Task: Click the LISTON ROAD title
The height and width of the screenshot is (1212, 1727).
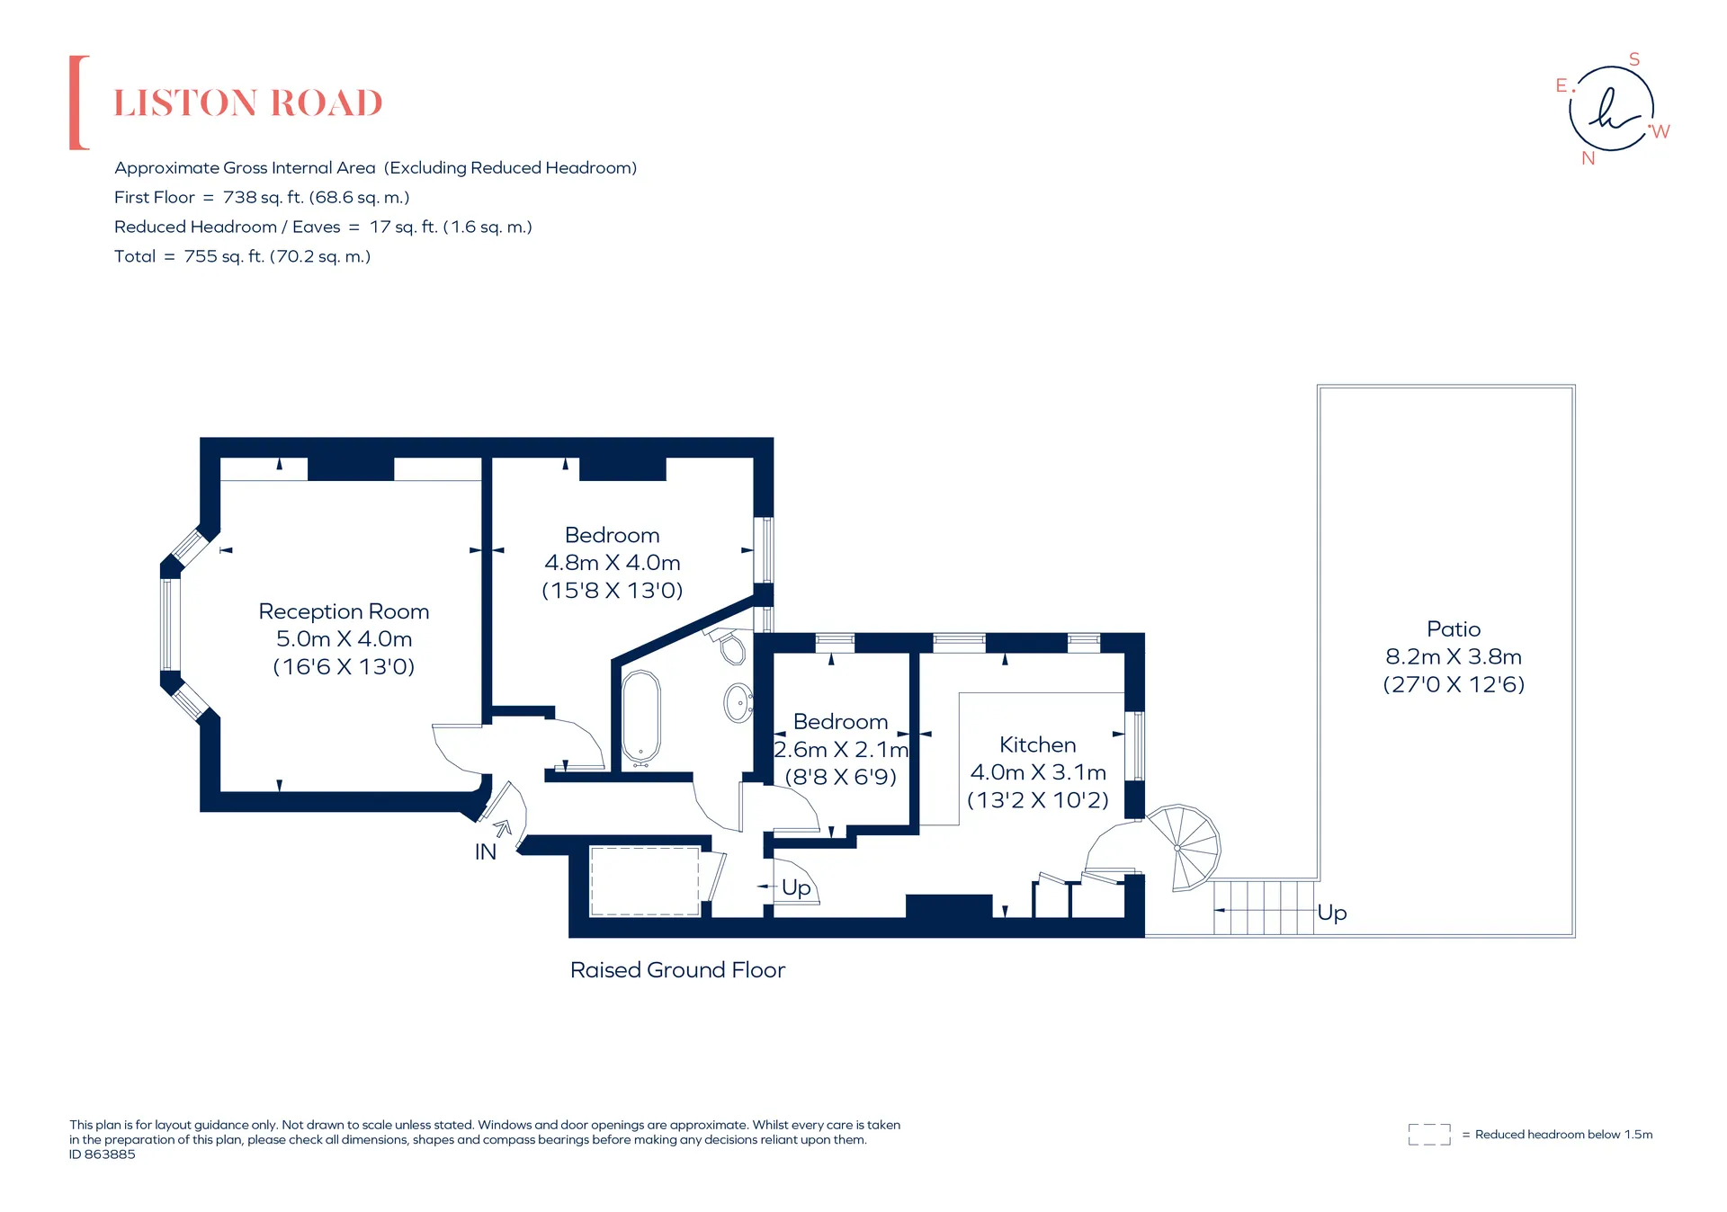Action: (x=248, y=103)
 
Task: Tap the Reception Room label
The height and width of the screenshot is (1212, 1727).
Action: (x=344, y=611)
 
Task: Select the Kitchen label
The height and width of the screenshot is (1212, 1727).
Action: (x=1037, y=744)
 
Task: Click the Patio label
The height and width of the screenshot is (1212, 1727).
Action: (x=1453, y=629)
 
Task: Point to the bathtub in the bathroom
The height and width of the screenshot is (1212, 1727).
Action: (x=641, y=717)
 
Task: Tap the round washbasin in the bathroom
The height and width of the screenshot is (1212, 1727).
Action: (x=738, y=702)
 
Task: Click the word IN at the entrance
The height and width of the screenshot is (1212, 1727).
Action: (x=485, y=851)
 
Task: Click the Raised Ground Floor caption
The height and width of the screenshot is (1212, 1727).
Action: (x=677, y=970)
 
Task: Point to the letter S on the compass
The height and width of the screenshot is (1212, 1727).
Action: (x=1634, y=59)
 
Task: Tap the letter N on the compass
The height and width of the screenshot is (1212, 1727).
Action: (x=1588, y=158)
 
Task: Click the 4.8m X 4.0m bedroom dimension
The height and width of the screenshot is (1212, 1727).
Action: (x=612, y=563)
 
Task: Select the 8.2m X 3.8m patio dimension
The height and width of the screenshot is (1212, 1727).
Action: (x=1453, y=656)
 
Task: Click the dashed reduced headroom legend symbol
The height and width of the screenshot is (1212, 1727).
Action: (x=1429, y=1135)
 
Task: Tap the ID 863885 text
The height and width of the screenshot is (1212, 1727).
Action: (x=103, y=1154)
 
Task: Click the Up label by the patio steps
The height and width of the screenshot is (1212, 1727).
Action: (x=1331, y=913)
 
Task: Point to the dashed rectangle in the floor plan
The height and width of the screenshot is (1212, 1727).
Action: (x=645, y=881)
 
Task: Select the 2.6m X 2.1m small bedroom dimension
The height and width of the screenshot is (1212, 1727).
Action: (x=841, y=749)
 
